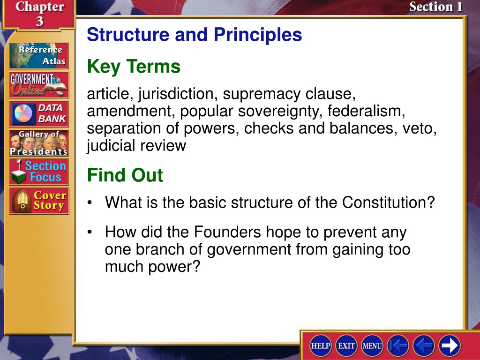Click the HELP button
tap(320, 345)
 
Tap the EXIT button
tap(346, 345)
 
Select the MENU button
tap(372, 345)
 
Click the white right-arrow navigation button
tap(450, 345)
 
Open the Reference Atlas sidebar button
tap(39, 55)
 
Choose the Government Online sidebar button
tap(39, 85)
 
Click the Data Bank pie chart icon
tap(23, 113)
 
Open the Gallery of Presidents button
tap(39, 143)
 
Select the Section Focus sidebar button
tap(39, 172)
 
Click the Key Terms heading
tap(134, 67)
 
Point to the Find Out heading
tap(125, 175)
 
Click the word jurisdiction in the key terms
tap(178, 94)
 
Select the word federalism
tap(367, 111)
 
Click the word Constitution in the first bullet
tap(388, 202)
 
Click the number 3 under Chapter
tap(40, 21)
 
